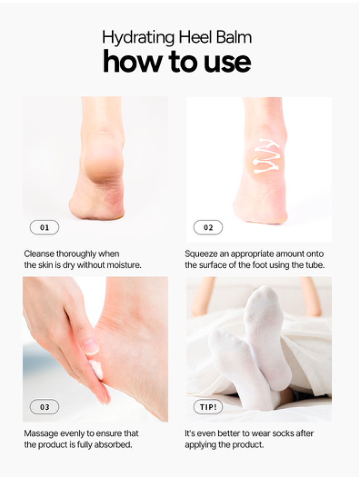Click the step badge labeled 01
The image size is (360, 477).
tap(44, 227)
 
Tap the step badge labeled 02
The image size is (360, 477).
tap(208, 227)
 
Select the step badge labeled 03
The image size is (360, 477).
tap(44, 407)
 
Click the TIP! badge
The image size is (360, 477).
tap(208, 407)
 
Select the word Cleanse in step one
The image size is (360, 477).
tap(39, 254)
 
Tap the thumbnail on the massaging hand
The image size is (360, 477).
tap(91, 346)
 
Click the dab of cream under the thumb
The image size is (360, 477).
tap(97, 370)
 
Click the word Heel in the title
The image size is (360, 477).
tap(196, 37)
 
